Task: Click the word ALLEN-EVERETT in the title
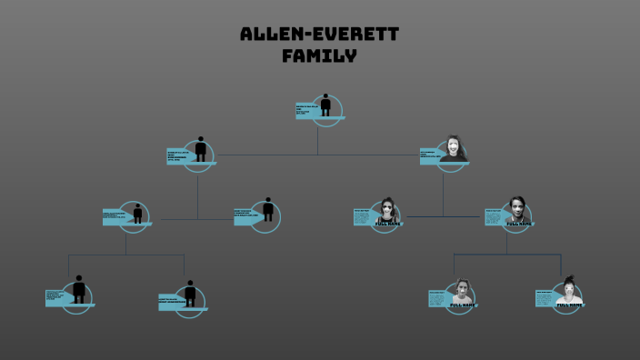pos(319,35)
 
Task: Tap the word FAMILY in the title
pos(319,55)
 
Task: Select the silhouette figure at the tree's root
pos(325,106)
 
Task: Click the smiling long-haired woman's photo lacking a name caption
pos(455,149)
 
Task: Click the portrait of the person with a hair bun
pos(569,291)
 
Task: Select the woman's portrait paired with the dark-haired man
pos(386,212)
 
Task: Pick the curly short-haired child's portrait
pos(462,292)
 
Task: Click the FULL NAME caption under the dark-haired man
pos(519,223)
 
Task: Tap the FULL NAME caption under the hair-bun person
pos(569,305)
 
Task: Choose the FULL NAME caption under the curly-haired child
pos(463,305)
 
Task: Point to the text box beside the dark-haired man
pos(495,216)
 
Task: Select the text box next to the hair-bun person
pos(545,297)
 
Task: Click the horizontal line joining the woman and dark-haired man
pos(443,217)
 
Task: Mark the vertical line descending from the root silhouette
pos(317,138)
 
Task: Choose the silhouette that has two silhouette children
pos(137,215)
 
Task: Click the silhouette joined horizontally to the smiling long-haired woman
pos(199,151)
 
